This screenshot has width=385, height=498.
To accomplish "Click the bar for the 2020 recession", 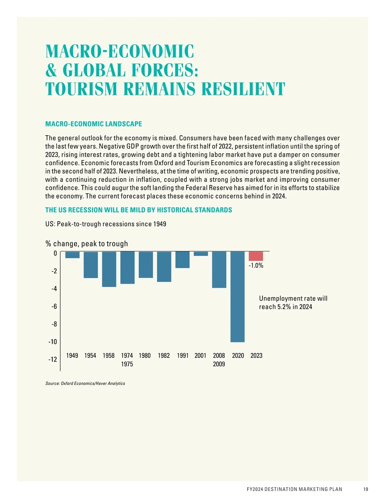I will click(x=238, y=297).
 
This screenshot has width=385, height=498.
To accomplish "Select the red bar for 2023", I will click(x=256, y=256).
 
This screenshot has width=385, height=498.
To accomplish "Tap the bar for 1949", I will click(x=72, y=255).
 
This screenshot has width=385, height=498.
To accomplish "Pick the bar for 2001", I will click(x=201, y=254).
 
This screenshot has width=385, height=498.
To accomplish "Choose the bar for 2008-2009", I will click(x=219, y=270).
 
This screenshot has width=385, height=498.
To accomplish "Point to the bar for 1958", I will click(x=109, y=269).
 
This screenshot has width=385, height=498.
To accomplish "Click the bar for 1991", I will click(x=183, y=260).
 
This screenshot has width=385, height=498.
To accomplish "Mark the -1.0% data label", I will click(x=256, y=266).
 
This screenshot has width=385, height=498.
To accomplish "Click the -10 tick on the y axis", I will click(x=53, y=342).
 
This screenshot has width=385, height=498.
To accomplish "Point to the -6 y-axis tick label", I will click(x=54, y=307).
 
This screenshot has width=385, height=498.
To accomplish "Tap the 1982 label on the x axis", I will click(x=164, y=356).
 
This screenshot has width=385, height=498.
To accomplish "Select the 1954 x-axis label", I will click(x=90, y=356).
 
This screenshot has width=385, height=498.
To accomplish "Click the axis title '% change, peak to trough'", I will click(x=87, y=244).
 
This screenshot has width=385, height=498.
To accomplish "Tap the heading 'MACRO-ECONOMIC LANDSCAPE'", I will click(x=94, y=124).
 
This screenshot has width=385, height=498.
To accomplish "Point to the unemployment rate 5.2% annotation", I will click(x=293, y=303).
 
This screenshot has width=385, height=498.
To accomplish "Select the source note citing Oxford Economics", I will click(x=85, y=384).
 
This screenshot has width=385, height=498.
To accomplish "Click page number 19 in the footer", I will click(x=366, y=489).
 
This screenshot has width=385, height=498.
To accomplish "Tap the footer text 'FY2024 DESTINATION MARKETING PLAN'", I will click(x=295, y=489).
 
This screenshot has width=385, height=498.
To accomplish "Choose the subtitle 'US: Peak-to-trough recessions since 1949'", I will click(x=106, y=224).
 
